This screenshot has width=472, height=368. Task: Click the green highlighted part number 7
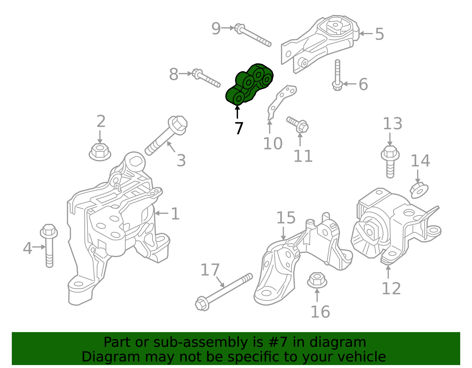tap(249, 84)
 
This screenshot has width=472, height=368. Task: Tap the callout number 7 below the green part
tap(239, 128)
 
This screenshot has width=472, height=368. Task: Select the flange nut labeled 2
tap(100, 152)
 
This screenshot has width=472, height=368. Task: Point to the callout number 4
tap(27, 248)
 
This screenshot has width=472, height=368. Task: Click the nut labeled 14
tap(419, 190)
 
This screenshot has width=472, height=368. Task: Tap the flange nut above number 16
tap(317, 280)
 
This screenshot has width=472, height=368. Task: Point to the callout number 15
tap(286, 218)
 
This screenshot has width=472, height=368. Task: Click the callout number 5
tap(379, 34)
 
